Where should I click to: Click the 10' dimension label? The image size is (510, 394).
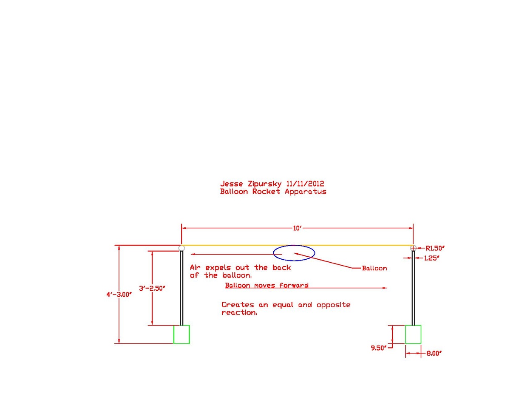(x=297, y=228)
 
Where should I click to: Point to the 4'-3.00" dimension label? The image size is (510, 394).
(x=119, y=295)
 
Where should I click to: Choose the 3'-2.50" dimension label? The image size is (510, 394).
(x=152, y=289)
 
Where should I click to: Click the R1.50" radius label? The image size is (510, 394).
(x=435, y=248)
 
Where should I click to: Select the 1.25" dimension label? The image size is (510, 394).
(x=432, y=258)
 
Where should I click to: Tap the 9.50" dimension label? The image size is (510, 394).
(x=379, y=348)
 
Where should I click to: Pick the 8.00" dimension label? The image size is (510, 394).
(x=434, y=353)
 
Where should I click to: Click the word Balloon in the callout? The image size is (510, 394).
(x=374, y=268)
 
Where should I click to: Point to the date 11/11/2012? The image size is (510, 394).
(x=305, y=184)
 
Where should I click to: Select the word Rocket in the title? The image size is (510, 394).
(x=266, y=192)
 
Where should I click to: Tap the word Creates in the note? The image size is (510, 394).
(x=238, y=305)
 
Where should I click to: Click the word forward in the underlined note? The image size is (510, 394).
(x=294, y=285)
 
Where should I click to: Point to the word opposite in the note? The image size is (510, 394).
(x=333, y=305)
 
